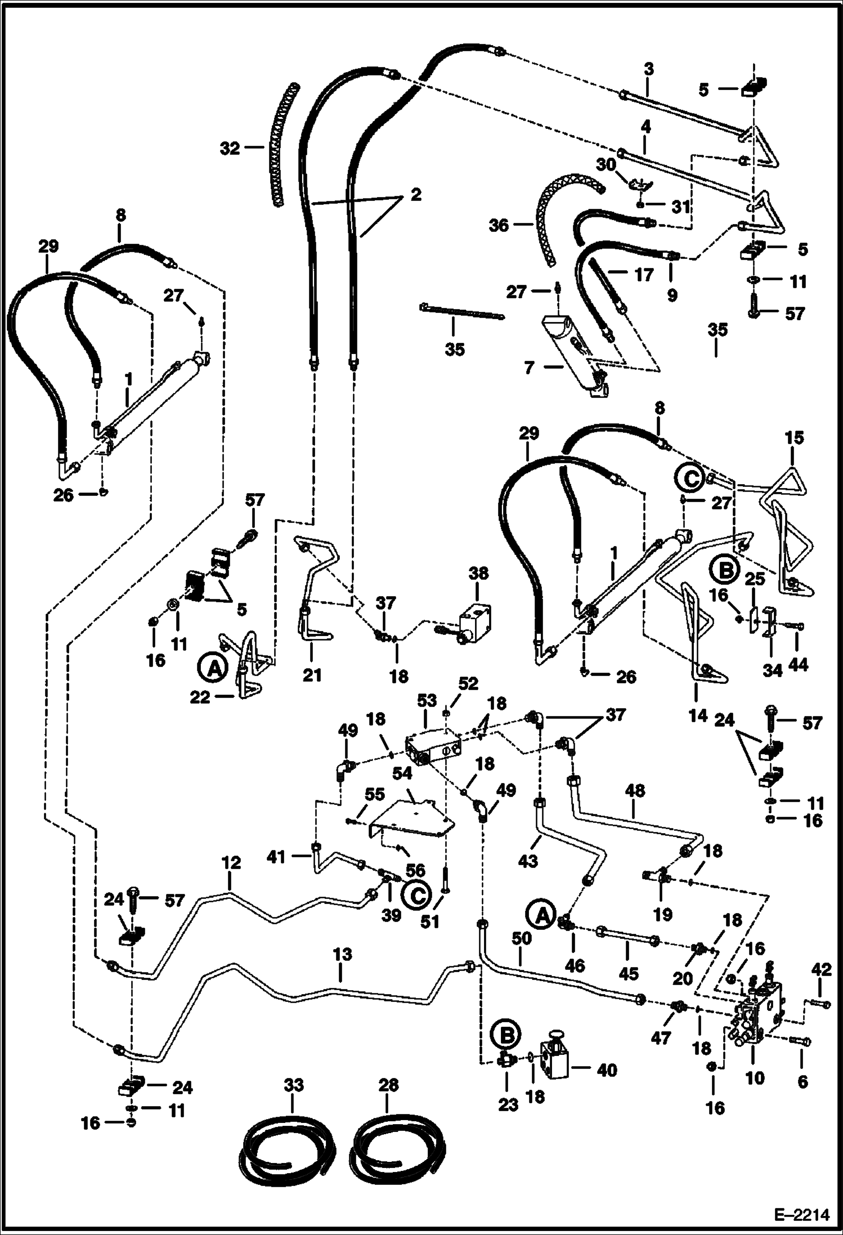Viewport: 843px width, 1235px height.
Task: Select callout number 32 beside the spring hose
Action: (231, 149)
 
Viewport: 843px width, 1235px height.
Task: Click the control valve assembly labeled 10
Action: (757, 1013)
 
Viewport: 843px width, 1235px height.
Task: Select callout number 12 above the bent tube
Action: (231, 863)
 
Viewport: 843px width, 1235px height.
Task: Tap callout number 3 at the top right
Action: (648, 69)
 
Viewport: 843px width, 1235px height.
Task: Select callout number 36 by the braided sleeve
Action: (499, 225)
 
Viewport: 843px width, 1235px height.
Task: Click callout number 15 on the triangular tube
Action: (795, 437)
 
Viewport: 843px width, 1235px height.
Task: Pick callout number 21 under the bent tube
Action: (312, 674)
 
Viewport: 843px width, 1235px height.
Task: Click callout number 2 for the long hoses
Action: (415, 195)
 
